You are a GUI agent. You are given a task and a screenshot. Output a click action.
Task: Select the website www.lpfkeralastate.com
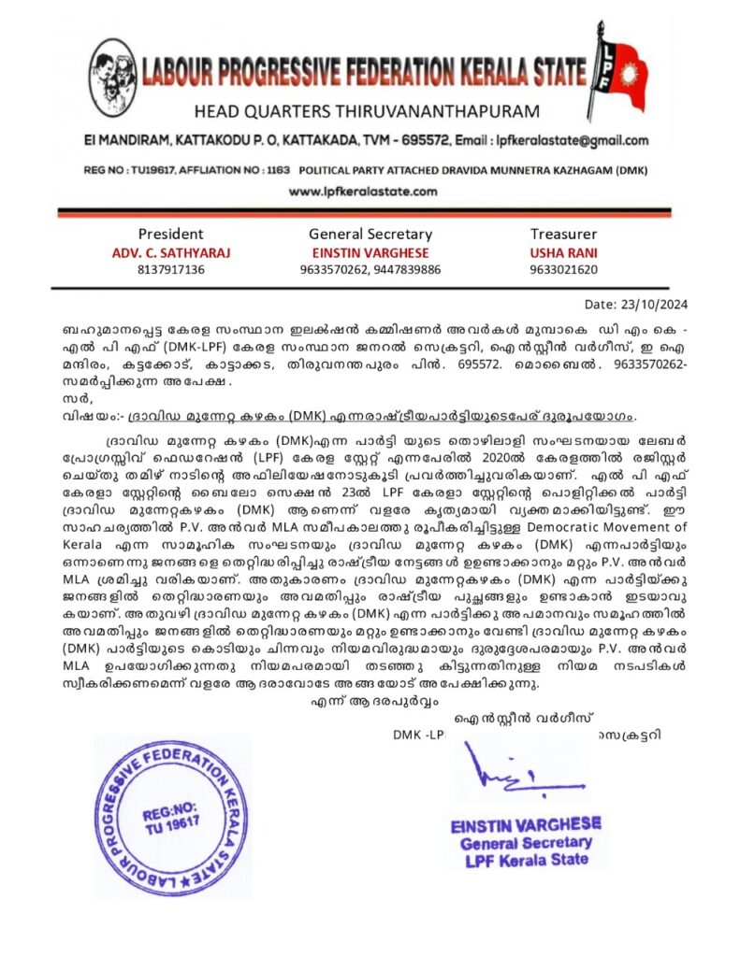[x=362, y=192]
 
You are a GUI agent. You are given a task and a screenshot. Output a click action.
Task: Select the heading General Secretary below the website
[x=370, y=234]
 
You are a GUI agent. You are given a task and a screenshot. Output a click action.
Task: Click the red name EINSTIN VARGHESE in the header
[x=370, y=252]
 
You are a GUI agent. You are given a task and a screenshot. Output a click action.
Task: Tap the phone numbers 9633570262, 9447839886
[x=370, y=270]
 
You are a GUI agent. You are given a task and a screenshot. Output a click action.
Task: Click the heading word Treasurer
[x=563, y=234]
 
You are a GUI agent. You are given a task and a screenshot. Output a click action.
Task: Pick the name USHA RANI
[x=563, y=252]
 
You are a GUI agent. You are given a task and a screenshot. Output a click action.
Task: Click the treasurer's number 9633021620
[x=563, y=270]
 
